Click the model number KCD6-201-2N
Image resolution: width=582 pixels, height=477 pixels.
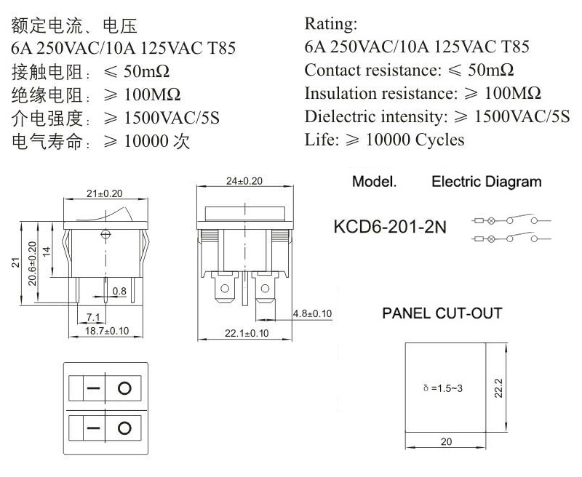click(390, 227)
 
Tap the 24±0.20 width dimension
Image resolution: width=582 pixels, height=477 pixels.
click(244, 181)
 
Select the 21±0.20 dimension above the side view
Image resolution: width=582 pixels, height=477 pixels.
click(104, 193)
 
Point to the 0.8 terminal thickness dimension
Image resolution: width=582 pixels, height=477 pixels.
click(119, 291)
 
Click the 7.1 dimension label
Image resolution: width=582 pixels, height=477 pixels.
click(93, 318)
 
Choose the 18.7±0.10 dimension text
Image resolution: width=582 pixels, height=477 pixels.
click(107, 331)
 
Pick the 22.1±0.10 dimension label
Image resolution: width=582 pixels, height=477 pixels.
click(247, 333)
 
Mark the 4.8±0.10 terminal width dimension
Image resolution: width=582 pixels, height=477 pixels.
click(312, 314)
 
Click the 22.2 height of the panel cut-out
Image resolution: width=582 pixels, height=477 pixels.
click(498, 388)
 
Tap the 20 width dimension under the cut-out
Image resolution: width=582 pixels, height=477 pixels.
click(446, 441)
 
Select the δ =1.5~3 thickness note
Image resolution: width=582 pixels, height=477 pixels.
click(443, 388)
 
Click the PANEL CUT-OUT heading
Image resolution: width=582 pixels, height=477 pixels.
click(442, 313)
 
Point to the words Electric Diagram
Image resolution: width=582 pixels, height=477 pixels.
click(486, 182)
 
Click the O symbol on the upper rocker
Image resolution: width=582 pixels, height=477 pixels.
click(124, 388)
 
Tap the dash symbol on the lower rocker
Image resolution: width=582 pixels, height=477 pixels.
click(93, 428)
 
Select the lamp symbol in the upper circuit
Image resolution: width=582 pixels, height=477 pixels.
click(490, 221)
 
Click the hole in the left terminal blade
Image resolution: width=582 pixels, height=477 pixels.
click(225, 288)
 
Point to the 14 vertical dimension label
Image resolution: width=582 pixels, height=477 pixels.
click(46, 252)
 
